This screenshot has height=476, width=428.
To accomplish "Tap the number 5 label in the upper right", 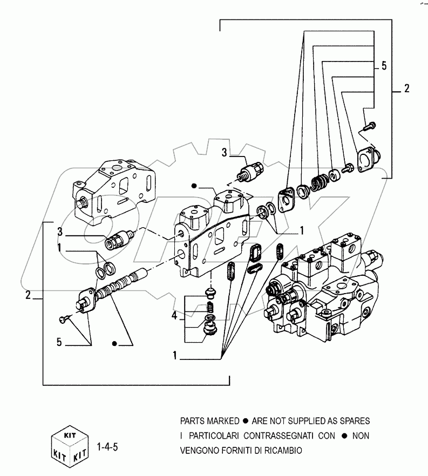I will [384, 66].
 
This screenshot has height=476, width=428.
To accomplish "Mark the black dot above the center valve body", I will [193, 186].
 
